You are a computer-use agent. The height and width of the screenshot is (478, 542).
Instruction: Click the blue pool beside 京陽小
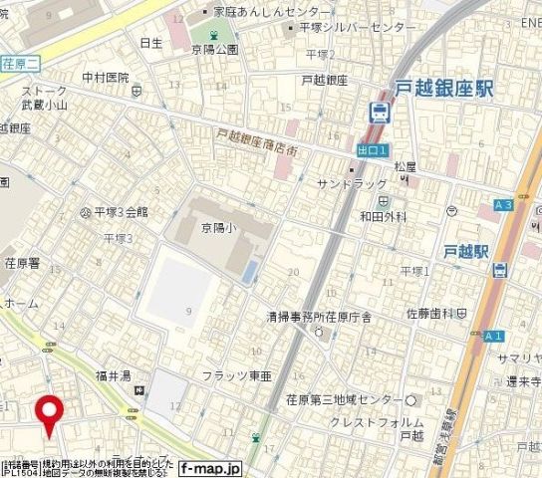click(x=248, y=270)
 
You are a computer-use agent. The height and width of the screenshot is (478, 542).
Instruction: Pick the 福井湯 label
click(x=115, y=375)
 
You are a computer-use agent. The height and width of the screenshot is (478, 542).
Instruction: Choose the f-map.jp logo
click(x=210, y=467)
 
